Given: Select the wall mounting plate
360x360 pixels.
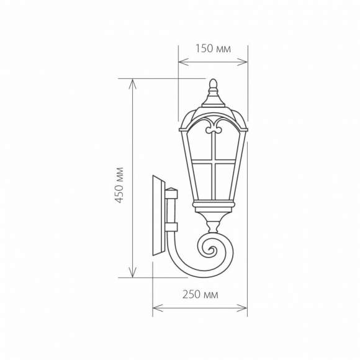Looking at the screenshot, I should click(158, 216).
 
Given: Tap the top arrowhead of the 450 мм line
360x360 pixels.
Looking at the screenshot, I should click(132, 83).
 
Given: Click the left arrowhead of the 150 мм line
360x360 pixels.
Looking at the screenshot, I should click(182, 61).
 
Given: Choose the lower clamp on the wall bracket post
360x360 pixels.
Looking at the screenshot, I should click(172, 225).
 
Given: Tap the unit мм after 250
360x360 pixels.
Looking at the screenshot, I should click(211, 295).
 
